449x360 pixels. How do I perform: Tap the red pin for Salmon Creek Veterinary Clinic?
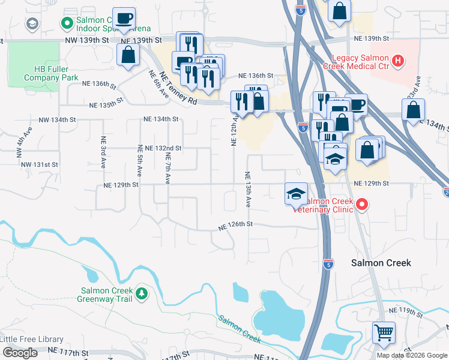(x=361, y=205)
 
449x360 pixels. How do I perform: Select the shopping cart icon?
(x=384, y=332)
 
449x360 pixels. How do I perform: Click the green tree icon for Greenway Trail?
(x=142, y=293)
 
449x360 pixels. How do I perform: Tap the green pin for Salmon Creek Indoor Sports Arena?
(x=67, y=23)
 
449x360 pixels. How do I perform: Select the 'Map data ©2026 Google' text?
(x=412, y=355)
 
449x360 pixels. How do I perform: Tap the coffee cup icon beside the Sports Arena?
(x=124, y=18)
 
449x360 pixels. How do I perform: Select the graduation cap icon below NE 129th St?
(x=296, y=194)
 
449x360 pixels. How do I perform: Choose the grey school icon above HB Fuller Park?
(x=32, y=23)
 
